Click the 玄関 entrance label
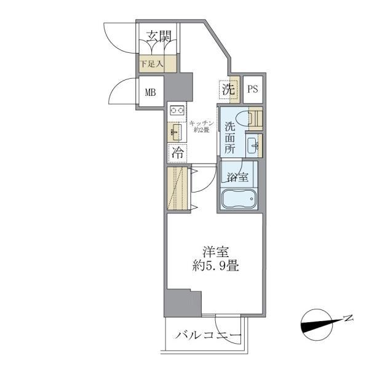(x=159, y=36)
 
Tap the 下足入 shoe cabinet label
(x=151, y=63)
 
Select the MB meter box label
(x=151, y=93)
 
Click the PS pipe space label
(x=253, y=89)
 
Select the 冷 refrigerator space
(x=178, y=151)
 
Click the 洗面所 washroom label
(x=229, y=137)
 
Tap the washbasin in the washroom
(x=253, y=146)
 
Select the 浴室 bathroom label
(x=237, y=178)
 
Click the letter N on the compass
(x=348, y=318)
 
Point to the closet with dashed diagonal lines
(x=177, y=188)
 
